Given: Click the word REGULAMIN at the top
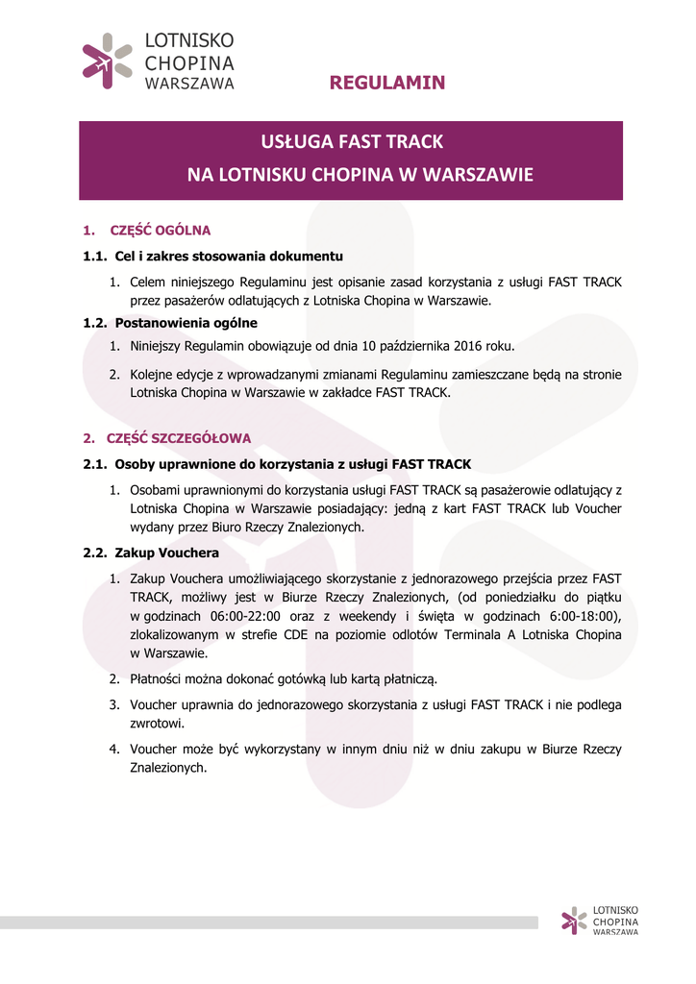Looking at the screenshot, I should coord(387,83).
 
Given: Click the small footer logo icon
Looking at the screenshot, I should coord(574,921).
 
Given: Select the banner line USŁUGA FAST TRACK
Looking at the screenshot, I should coord(352,142).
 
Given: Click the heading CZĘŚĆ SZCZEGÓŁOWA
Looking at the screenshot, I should coord(179,438).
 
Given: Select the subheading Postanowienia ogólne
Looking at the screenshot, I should coord(186,323).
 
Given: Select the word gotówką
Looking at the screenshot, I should coord(299,679).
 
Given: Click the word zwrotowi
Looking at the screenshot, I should coord(157,724).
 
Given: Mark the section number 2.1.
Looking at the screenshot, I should coord(94,464).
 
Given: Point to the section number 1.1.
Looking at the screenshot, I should coord(94,257).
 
